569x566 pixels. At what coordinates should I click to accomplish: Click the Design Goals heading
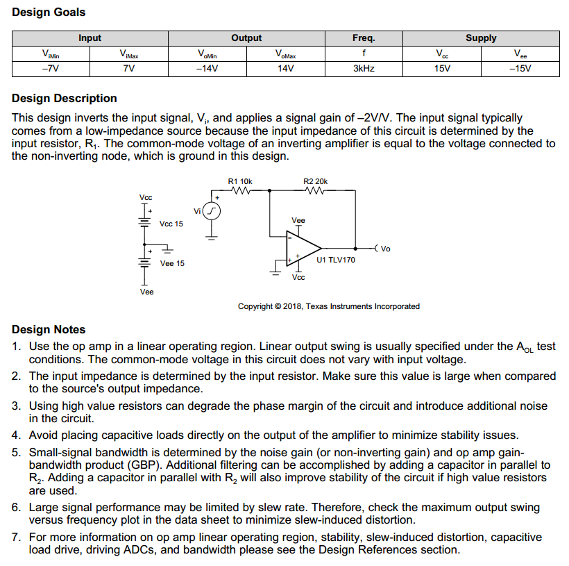click(x=49, y=13)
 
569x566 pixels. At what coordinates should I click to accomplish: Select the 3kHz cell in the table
click(x=364, y=69)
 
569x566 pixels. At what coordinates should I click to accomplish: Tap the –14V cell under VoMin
click(x=207, y=69)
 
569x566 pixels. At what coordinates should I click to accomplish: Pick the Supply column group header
click(x=480, y=38)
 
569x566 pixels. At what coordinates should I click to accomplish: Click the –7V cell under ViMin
click(x=50, y=69)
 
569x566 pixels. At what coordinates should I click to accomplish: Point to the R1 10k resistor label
click(x=240, y=181)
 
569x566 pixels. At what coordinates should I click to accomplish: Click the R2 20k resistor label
click(x=316, y=181)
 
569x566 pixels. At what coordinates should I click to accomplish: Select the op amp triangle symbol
click(x=303, y=247)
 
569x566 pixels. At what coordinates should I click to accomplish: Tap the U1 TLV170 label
click(x=335, y=260)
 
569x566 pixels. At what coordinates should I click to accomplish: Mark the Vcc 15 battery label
click(x=171, y=224)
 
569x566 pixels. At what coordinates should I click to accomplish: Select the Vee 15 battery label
click(x=172, y=264)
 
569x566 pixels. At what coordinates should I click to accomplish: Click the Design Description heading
click(x=65, y=99)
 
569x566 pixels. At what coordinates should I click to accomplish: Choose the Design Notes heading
click(x=49, y=330)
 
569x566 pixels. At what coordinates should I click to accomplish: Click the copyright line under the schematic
click(x=328, y=306)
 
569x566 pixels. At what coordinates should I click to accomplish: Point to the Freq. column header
click(x=364, y=38)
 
